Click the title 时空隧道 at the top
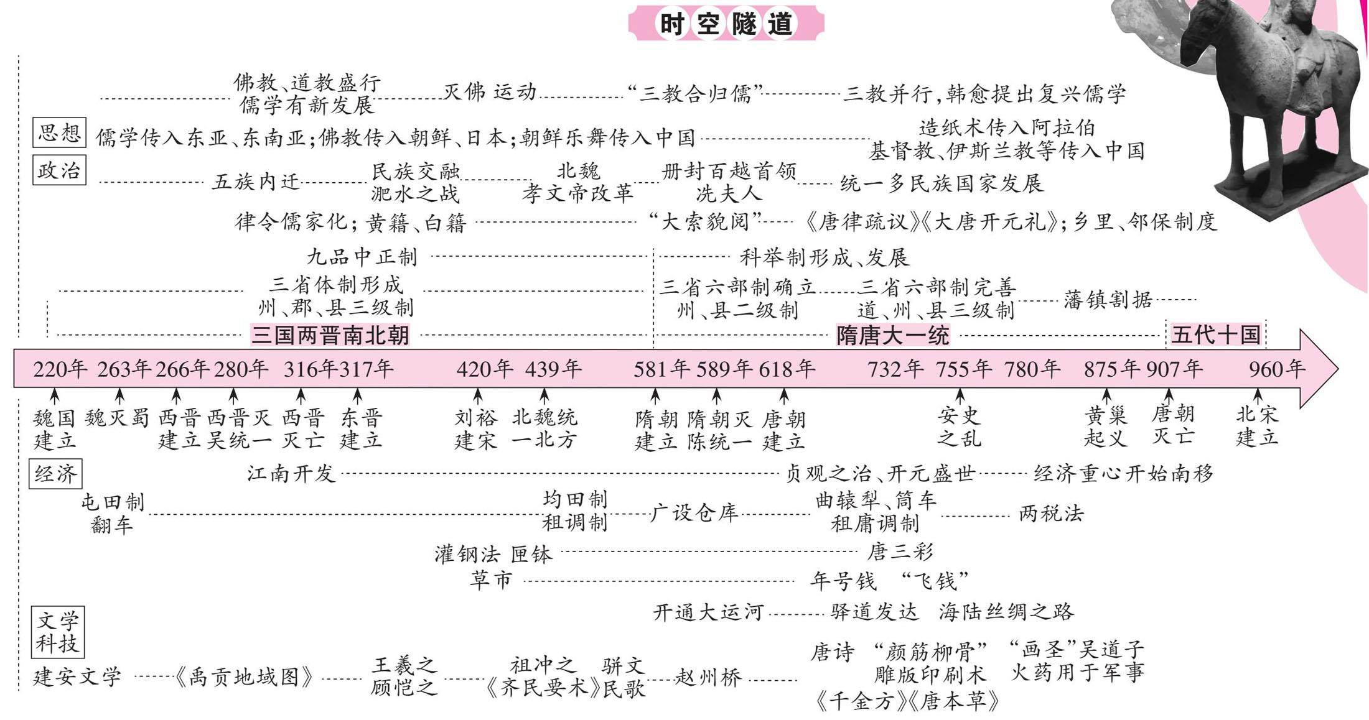726,24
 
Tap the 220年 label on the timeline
60,369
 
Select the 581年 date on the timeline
661,369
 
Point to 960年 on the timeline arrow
1276,369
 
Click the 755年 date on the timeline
963,369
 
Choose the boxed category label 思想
59,132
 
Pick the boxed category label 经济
55,474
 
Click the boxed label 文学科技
57,632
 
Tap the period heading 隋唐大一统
892,336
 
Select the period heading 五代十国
1215,335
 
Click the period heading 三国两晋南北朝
330,336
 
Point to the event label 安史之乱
959,427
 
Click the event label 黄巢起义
1106,427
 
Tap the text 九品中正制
362,257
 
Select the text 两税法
1051,514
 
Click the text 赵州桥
708,677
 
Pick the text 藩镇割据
1108,300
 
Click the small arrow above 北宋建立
1257,396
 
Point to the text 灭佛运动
489,92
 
